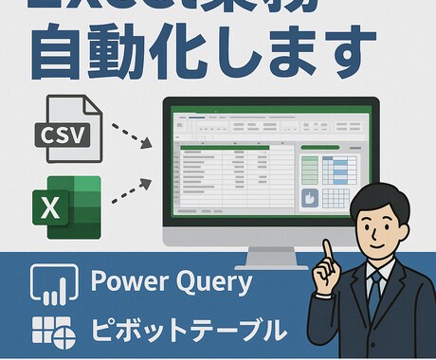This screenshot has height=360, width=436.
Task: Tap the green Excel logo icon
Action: click(x=67, y=206)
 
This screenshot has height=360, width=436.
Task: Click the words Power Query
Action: click(x=172, y=282)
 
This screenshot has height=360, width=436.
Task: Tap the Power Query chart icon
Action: click(x=53, y=283)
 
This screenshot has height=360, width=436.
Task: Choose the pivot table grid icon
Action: click(x=53, y=331)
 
